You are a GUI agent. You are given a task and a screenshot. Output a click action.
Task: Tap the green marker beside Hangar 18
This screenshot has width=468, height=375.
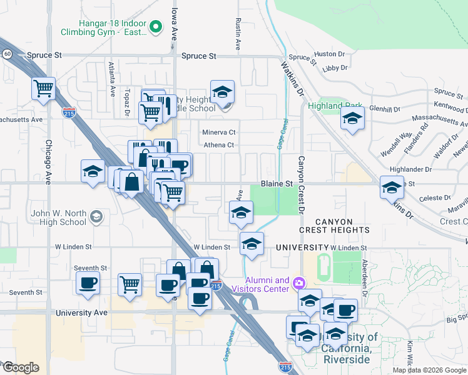click(x=157, y=27)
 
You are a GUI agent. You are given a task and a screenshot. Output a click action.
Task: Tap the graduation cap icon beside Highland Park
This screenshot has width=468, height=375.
click(x=353, y=117)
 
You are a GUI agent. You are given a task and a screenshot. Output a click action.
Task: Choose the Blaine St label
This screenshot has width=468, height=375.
click(x=277, y=184)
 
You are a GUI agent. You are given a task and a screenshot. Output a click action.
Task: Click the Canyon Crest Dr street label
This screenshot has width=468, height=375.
click(x=301, y=184)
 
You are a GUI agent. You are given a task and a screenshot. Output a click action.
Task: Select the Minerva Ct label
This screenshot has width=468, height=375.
click(x=218, y=132)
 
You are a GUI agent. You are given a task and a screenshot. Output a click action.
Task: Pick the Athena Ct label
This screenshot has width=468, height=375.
click(x=218, y=146)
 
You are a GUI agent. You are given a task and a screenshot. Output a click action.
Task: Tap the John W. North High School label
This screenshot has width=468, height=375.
click(x=58, y=217)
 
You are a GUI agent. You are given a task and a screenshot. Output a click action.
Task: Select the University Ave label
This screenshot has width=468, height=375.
click(x=81, y=312)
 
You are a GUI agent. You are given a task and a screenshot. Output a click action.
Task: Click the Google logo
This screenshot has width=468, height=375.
click(x=20, y=367)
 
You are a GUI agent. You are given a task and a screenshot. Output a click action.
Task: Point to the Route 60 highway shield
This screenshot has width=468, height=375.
click(x=7, y=54)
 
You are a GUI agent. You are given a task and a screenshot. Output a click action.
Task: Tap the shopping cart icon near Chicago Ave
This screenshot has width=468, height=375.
click(x=43, y=88)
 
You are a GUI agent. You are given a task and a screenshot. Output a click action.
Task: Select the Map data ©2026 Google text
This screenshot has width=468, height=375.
click(x=429, y=370)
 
